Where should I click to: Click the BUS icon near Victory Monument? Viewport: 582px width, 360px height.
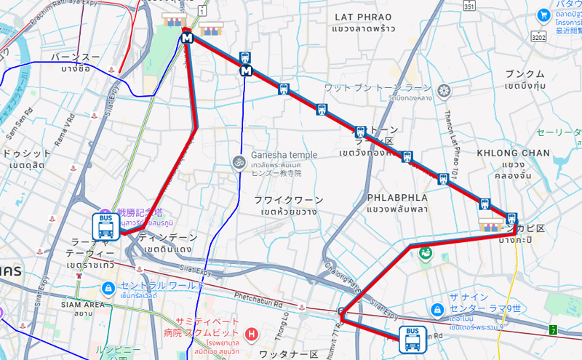pos(106,227)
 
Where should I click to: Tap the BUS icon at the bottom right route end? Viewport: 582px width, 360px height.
pos(412,339)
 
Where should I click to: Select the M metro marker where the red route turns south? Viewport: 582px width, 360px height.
pos(188,39)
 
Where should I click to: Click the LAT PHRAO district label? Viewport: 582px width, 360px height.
pos(362,17)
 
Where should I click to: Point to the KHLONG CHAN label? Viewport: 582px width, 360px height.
pos(513,153)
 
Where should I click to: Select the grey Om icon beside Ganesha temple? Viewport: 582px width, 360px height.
pos(238,161)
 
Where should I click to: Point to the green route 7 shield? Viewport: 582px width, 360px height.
pos(553,330)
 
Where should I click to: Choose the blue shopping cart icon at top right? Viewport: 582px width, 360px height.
pos(543,15)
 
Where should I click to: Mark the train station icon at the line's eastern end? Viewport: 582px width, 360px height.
pos(511,218)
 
